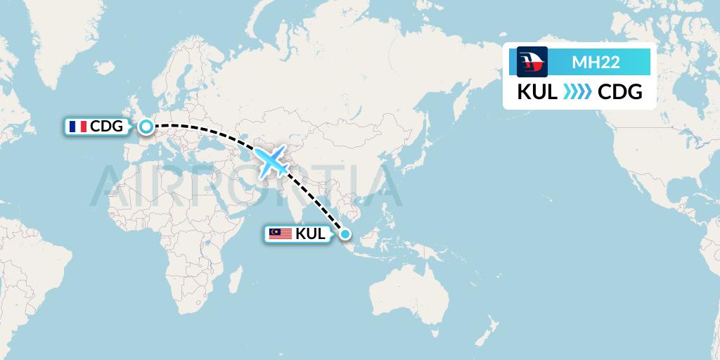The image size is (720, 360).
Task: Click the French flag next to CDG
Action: pos(77,127)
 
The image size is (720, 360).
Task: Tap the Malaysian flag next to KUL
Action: pos(281,234)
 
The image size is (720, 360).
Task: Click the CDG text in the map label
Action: pos(107,127)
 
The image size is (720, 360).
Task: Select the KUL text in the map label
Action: pos(311,234)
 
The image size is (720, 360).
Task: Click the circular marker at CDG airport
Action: pos(146,127)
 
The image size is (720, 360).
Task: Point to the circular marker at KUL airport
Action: pos(345,234)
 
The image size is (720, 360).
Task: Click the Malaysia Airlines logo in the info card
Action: pos(532,62)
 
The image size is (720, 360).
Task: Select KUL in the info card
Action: pos(538,92)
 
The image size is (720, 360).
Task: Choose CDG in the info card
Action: pos(619,92)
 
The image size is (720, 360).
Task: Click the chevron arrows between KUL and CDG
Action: pos(578,92)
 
